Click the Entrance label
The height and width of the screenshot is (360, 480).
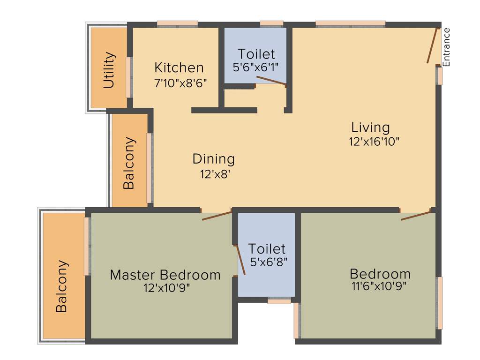(447, 47)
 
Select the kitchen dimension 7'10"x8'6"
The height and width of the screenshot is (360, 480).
(181, 83)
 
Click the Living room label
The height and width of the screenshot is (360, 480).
(371, 127)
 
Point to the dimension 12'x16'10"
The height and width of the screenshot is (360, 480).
(374, 142)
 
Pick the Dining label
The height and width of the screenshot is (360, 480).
(214, 159)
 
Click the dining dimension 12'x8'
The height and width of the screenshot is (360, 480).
(215, 174)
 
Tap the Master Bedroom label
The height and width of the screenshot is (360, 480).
(165, 275)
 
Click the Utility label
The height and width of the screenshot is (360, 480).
(109, 70)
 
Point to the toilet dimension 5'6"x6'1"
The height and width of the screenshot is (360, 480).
(256, 67)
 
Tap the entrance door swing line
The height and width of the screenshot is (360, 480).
(432, 45)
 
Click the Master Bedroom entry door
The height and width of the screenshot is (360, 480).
(217, 216)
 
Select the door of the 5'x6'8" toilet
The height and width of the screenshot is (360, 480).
(240, 258)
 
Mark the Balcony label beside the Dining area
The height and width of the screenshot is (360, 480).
(129, 163)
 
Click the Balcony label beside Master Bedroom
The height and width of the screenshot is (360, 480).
(62, 286)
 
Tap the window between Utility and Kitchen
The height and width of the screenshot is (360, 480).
(128, 77)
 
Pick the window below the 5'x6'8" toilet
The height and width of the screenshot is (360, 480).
(279, 301)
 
